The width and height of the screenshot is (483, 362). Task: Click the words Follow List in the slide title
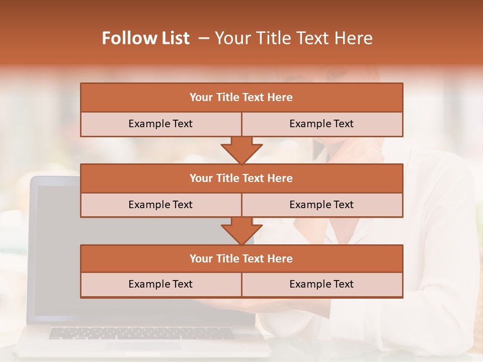tap(145, 38)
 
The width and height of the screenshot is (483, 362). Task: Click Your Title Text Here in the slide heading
tap(293, 38)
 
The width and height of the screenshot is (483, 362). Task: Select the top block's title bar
tap(242, 98)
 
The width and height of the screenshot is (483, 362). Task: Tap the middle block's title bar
tap(242, 178)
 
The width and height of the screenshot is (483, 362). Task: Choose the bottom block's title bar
tap(242, 258)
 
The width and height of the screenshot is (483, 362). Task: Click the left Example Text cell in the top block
tap(160, 124)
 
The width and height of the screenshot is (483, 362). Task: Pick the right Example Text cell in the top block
tap(321, 124)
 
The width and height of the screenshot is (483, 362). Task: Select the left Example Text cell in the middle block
tap(160, 205)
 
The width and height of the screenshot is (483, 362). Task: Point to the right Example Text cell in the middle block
tap(321, 205)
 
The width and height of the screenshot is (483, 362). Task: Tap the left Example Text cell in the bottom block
tap(160, 284)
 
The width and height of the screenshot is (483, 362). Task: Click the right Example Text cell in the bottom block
tap(321, 284)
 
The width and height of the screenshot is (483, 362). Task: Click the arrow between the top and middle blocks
tap(242, 149)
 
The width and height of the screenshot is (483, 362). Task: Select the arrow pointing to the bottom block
tap(242, 230)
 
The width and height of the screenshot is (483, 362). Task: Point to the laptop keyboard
tap(141, 333)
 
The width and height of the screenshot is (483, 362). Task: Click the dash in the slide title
tap(204, 38)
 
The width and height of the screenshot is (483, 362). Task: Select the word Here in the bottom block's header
tap(280, 258)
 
